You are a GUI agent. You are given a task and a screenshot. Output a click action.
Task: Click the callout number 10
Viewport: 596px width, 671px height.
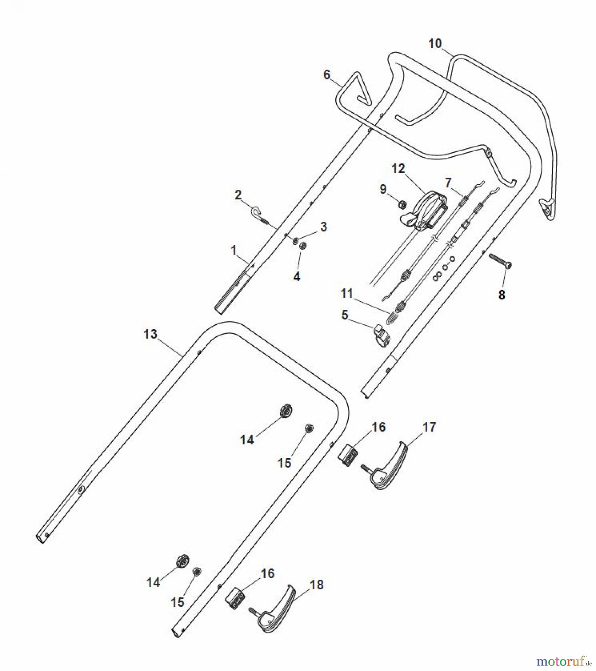435,44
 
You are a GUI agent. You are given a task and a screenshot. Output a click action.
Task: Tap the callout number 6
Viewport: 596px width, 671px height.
327,75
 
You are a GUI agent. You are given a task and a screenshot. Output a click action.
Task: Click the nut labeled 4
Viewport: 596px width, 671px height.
303,246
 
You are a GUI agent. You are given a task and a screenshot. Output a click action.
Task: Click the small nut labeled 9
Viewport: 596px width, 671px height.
402,204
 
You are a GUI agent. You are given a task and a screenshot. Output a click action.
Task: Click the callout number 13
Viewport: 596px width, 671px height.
150,334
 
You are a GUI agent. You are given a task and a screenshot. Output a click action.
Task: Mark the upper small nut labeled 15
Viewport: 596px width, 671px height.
309,429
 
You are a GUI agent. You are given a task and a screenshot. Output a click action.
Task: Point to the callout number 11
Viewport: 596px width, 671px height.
346,293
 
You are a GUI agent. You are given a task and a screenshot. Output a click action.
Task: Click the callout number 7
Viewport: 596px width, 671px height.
448,183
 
